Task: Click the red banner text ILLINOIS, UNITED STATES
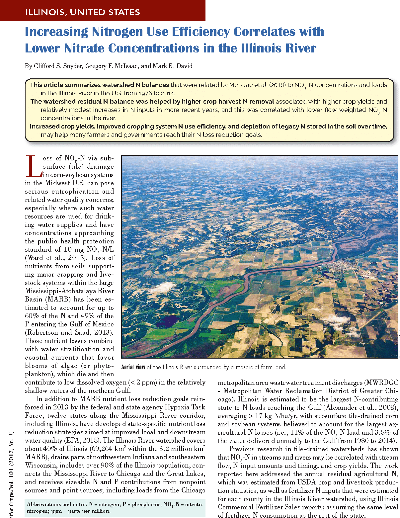pos(82,12)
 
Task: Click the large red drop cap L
pos(34,167)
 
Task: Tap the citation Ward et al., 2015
pos(56,258)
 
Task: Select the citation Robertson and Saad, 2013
pos(69,333)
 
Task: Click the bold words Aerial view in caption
pos(133,367)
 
